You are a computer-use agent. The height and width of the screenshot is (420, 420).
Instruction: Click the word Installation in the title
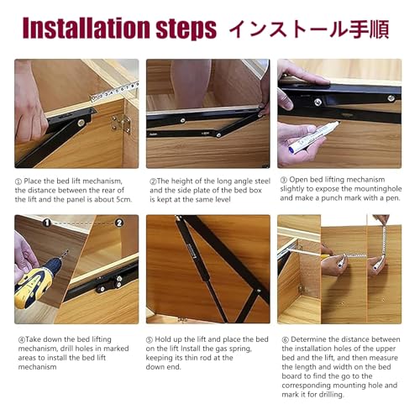point(87,28)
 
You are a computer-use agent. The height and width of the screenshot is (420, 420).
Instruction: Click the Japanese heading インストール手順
point(309,29)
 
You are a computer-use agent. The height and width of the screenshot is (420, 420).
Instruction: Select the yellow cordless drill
point(35,281)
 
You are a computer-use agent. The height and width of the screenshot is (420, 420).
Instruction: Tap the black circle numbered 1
point(47,223)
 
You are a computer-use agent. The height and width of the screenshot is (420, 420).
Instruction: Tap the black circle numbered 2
point(119,223)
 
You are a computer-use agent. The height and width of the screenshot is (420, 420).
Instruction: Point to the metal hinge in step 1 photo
point(121,123)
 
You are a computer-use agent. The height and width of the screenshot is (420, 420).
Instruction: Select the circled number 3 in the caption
point(284,180)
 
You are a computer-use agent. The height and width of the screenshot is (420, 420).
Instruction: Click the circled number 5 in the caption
point(150,339)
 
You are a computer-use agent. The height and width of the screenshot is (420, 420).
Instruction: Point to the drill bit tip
point(67,250)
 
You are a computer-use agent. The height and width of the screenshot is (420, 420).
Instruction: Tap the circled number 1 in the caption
point(18,181)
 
